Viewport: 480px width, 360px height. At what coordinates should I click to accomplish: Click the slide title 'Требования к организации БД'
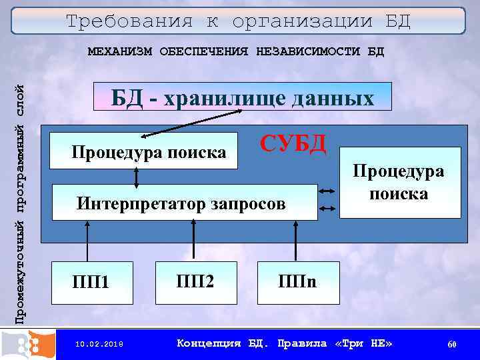pyautogui.click(x=238, y=21)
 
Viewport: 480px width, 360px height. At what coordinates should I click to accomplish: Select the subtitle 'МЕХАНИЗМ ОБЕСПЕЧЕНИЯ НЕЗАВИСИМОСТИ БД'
pyautogui.click(x=236, y=52)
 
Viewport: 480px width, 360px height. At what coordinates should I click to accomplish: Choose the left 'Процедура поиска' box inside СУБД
pyautogui.click(x=148, y=153)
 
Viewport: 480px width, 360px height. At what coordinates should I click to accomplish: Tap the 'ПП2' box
pyautogui.click(x=195, y=281)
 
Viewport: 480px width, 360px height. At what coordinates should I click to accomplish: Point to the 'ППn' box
pyautogui.click(x=297, y=281)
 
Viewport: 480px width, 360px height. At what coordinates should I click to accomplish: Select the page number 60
pyautogui.click(x=451, y=344)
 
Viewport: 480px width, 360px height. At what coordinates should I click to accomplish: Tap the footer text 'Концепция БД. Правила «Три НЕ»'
pyautogui.click(x=285, y=344)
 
